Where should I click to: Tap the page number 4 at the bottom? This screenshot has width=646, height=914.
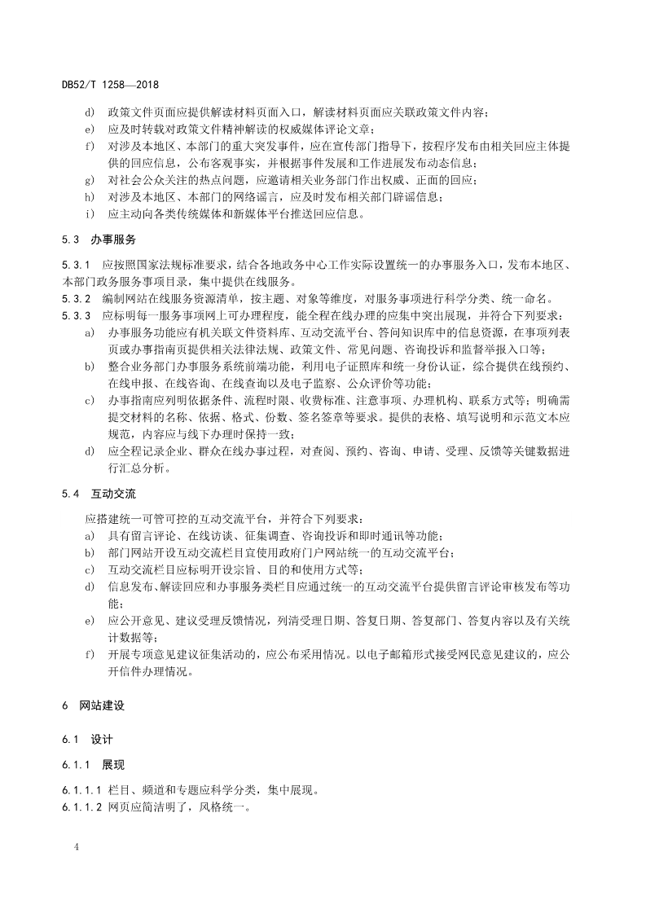click(x=75, y=847)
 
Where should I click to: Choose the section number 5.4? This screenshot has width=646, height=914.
click(x=71, y=494)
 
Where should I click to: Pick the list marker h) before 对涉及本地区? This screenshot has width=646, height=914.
click(x=90, y=197)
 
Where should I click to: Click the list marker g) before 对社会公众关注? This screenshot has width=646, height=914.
click(x=90, y=180)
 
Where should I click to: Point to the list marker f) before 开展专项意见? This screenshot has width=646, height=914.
click(x=90, y=654)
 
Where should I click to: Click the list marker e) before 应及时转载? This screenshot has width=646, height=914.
click(x=90, y=129)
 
